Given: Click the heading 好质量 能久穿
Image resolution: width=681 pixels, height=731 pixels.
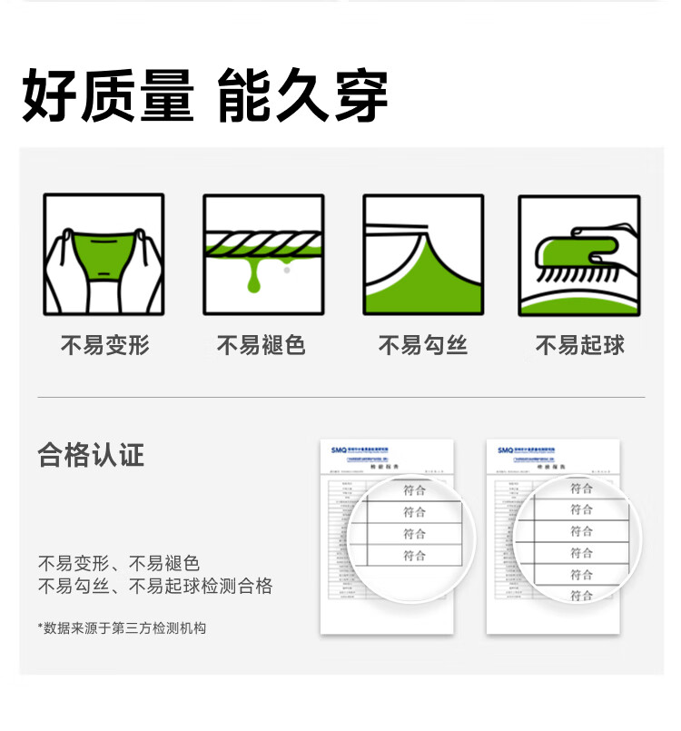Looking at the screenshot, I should point(205,96).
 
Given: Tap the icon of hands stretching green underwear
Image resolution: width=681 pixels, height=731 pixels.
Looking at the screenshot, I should point(104,255).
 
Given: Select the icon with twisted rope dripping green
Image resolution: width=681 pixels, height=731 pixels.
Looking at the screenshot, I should point(263,255).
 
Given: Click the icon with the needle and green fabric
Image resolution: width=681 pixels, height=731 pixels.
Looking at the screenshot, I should point(423,255).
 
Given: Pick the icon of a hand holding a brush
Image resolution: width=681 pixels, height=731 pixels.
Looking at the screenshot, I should point(579,255).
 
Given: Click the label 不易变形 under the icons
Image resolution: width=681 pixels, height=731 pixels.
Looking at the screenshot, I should point(104,345).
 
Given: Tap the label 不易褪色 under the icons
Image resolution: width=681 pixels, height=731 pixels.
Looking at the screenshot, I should point(261,345).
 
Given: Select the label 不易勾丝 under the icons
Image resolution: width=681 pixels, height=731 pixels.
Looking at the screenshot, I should point(422,345).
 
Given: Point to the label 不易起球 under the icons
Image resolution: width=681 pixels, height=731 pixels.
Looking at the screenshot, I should point(579,345).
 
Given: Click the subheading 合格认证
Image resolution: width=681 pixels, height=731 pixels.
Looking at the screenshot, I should point(91,454).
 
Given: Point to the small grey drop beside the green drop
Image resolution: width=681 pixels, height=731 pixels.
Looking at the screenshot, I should point(287,269).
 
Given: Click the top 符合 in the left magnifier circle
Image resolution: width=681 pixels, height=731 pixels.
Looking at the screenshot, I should point(414,489).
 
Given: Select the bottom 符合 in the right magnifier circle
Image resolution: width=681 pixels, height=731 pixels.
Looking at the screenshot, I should point(581,596).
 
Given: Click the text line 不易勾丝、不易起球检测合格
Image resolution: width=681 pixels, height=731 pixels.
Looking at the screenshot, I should point(154,587).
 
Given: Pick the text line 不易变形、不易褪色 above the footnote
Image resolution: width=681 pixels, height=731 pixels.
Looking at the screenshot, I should point(118,563).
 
